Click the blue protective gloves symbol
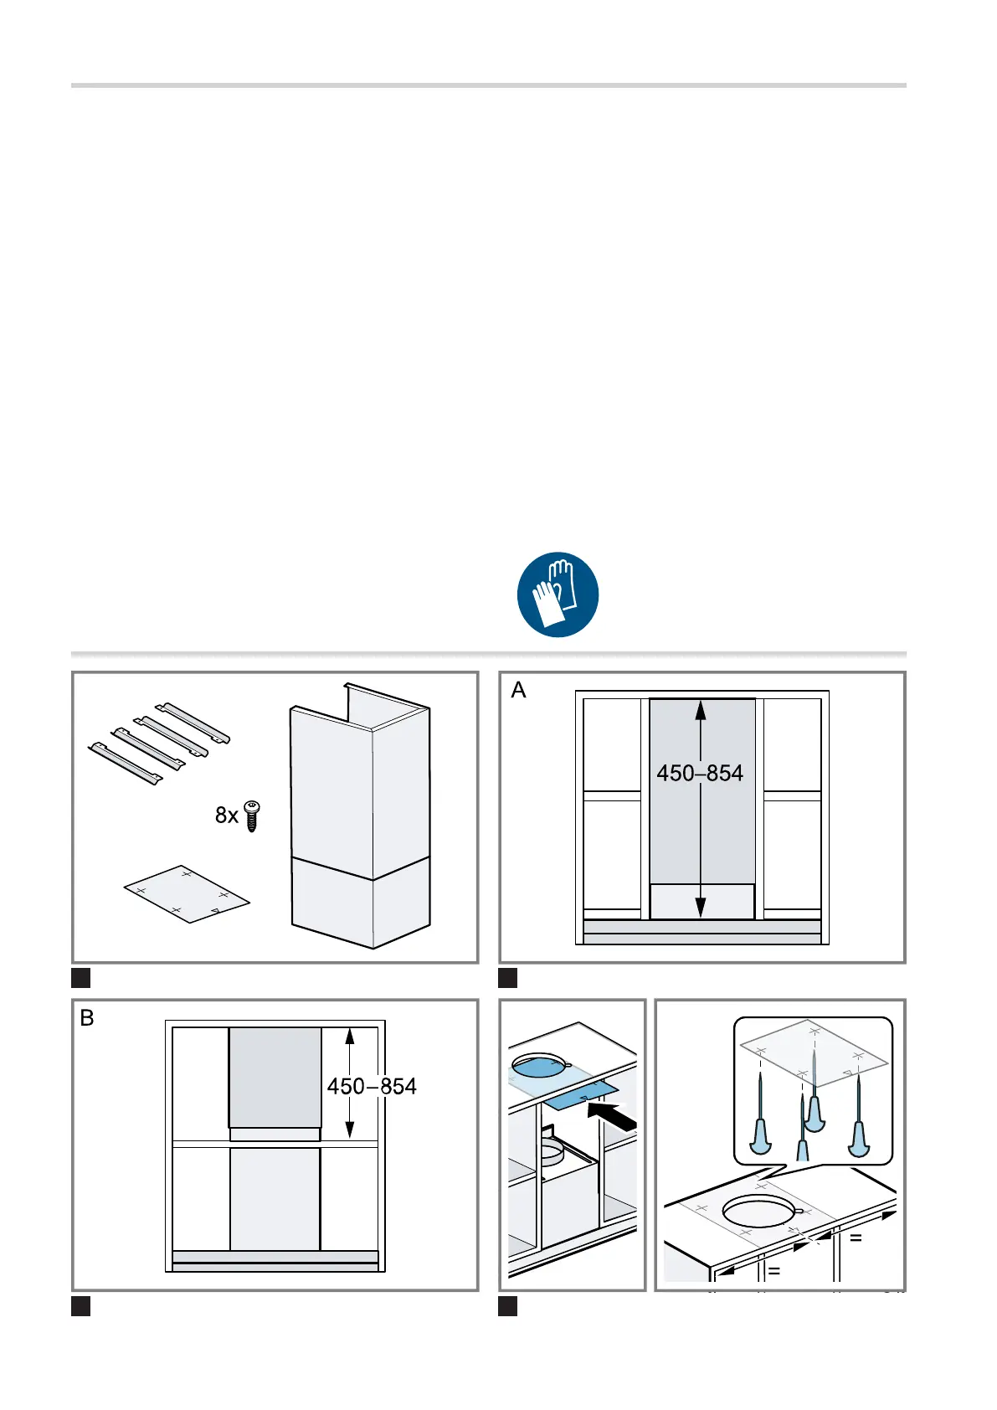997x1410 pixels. pyautogui.click(x=558, y=594)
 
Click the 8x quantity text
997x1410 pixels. pyautogui.click(x=226, y=816)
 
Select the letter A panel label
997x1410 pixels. pyautogui.click(x=518, y=690)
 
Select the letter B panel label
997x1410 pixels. pyautogui.click(x=87, y=1018)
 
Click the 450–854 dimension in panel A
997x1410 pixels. pyautogui.click(x=700, y=773)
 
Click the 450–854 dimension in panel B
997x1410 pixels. pyautogui.click(x=372, y=1086)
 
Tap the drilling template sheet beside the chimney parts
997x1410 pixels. pyautogui.click(x=187, y=894)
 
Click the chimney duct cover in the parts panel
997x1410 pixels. pyautogui.click(x=360, y=821)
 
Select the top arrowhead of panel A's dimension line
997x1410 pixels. pyautogui.click(x=701, y=710)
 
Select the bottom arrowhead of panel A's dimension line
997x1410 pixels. pyautogui.click(x=701, y=908)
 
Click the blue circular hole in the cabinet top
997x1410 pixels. pyautogui.click(x=540, y=1064)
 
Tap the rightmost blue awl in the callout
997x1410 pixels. pyautogui.click(x=859, y=1130)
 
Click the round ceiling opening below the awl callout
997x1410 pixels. pyautogui.click(x=758, y=1212)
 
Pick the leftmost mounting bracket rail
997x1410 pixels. pyautogui.click(x=126, y=764)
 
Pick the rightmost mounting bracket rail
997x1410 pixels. pyautogui.click(x=196, y=723)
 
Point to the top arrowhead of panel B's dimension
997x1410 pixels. pyautogui.click(x=350, y=1037)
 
